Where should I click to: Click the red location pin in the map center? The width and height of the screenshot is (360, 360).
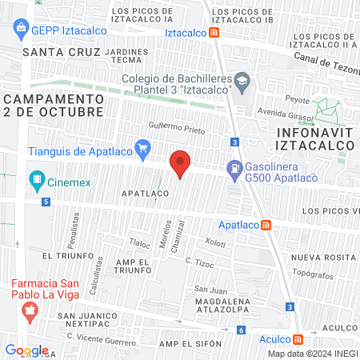tap(181, 163)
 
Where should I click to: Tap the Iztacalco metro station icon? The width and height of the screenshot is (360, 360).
tap(214, 33)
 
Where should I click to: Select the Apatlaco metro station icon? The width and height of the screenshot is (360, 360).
tap(266, 225)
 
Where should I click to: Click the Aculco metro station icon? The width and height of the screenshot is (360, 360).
tap(298, 338)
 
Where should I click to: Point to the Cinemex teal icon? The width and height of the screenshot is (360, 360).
tap(36, 178)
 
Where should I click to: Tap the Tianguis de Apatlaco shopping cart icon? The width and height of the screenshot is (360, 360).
tap(143, 147)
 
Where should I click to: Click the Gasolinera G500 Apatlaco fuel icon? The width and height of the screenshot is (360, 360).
tap(234, 169)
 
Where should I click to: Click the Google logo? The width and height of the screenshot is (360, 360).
tap(27, 350)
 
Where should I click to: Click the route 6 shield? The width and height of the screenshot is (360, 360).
tap(241, 330)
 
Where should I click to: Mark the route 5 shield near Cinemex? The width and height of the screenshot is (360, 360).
tap(47, 202)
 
